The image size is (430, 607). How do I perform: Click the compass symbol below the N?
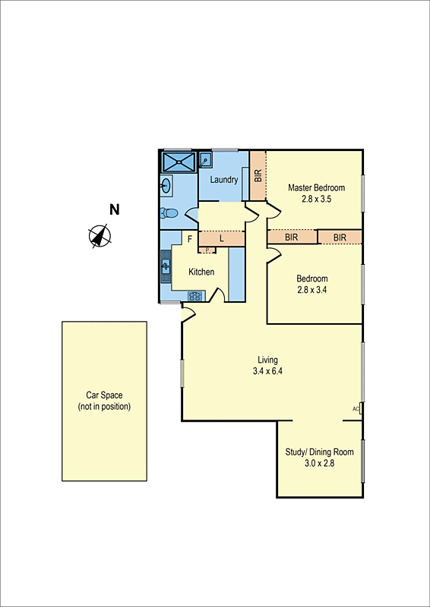(x=99, y=236)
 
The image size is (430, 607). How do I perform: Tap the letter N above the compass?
(x=114, y=210)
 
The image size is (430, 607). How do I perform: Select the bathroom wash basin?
(x=166, y=185)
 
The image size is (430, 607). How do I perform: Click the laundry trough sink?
(x=205, y=160)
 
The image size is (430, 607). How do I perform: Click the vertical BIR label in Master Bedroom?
(x=258, y=175)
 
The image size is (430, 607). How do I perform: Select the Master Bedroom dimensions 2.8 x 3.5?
(x=316, y=199)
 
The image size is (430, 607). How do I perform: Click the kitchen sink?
(x=166, y=266)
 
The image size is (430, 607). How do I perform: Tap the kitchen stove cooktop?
(x=196, y=296)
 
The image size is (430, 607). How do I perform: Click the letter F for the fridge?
(x=190, y=238)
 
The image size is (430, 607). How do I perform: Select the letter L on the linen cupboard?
(x=221, y=238)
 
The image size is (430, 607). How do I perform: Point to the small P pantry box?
(x=207, y=250)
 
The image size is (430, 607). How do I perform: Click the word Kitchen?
(x=201, y=272)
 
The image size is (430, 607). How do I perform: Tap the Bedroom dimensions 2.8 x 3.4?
(x=312, y=289)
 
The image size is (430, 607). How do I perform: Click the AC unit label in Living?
(x=356, y=409)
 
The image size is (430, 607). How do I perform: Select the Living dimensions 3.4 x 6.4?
(x=267, y=371)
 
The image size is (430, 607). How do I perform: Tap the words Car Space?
(x=104, y=395)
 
